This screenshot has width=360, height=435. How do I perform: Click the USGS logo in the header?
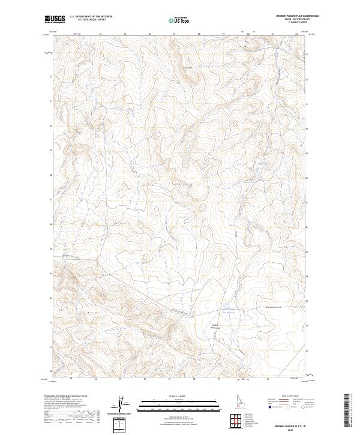(55, 19)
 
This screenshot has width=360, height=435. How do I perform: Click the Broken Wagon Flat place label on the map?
(215, 326)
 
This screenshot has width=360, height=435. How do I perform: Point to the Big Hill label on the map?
(92, 312)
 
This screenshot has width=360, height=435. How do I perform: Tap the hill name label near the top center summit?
(187, 67)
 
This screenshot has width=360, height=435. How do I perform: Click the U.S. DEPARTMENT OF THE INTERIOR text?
(91, 17)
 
